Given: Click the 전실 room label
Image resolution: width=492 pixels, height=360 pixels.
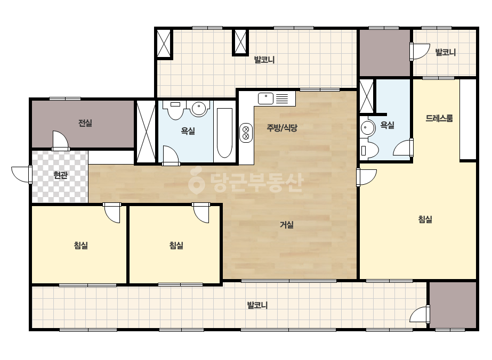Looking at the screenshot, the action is (85, 122).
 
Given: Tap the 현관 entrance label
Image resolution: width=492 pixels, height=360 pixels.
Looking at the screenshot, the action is (60, 175).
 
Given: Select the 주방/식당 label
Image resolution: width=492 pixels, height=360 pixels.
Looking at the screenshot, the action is (282, 128).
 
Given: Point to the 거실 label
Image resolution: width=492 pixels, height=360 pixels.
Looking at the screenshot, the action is (286, 225).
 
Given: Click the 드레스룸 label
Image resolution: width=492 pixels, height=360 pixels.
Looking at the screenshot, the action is (439, 118).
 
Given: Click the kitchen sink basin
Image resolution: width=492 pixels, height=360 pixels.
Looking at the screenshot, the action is (266, 99).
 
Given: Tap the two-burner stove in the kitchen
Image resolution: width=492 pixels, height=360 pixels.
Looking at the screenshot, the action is (246, 133).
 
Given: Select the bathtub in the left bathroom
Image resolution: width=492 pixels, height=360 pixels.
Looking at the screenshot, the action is (224, 133).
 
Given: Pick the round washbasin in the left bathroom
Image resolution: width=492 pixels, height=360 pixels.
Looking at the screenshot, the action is (199, 109).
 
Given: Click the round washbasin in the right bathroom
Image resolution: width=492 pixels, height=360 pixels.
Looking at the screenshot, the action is (366, 128).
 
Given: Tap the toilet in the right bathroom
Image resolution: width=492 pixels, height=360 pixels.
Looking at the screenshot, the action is (369, 151).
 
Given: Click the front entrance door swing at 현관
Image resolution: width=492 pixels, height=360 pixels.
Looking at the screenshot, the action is (22, 174).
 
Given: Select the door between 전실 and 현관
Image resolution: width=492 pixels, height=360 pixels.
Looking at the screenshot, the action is (60, 141).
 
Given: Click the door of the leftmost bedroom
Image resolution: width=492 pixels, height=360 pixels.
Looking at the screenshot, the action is (112, 212).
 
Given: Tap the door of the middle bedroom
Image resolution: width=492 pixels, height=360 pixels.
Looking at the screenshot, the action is (201, 212).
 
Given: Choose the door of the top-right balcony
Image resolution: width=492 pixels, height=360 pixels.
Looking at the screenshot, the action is (420, 52).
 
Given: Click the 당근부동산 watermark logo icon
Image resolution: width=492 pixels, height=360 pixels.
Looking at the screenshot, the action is (196, 181).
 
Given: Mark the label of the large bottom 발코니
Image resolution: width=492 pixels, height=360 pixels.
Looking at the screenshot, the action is (257, 305).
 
